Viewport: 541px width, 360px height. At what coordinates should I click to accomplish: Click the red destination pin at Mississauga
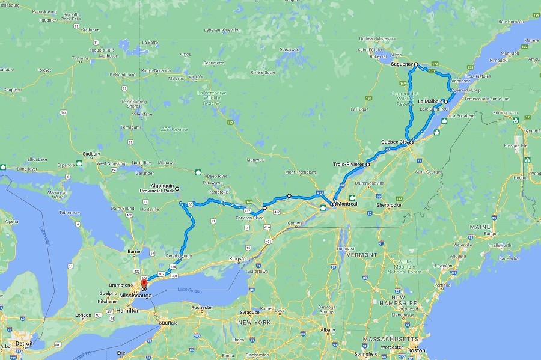143,284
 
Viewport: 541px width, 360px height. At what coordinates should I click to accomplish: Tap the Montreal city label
347,204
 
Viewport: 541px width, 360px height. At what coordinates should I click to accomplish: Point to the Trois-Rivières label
349,163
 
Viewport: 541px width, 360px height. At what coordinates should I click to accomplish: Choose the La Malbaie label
430,101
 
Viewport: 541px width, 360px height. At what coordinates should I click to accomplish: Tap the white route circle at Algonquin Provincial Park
177,189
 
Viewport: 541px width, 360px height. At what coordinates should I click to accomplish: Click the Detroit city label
24,343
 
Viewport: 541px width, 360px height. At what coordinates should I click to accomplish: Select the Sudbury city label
91,153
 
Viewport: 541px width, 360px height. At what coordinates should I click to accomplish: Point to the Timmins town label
80,58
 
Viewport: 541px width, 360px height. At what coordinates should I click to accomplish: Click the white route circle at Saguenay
416,63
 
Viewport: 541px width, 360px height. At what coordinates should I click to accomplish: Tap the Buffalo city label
170,323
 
